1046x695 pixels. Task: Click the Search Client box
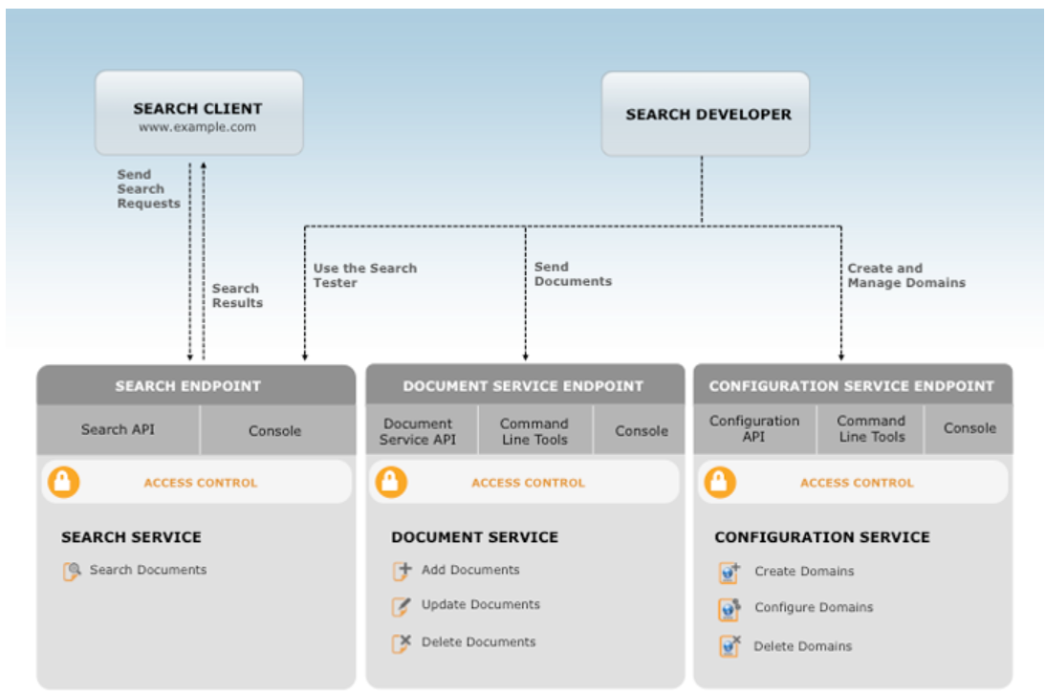click(x=198, y=112)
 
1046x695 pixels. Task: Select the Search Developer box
click(x=705, y=114)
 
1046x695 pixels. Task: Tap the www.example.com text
click(x=197, y=127)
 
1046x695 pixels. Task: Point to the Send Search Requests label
click(x=148, y=189)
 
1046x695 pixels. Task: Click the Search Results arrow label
click(x=237, y=295)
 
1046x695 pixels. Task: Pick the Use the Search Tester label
click(x=364, y=275)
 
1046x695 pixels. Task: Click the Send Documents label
click(x=572, y=274)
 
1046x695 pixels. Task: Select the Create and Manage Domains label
click(x=905, y=275)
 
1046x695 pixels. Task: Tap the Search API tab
click(x=118, y=429)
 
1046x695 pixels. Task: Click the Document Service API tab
click(x=418, y=431)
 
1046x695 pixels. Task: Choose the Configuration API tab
click(x=754, y=428)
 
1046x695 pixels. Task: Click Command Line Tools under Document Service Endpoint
click(x=534, y=431)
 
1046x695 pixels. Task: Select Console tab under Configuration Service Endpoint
click(x=970, y=428)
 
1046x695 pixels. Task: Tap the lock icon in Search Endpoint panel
click(x=64, y=482)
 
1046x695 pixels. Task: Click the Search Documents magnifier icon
click(x=72, y=572)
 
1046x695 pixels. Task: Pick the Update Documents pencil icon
click(x=402, y=606)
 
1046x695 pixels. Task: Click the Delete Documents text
click(x=478, y=642)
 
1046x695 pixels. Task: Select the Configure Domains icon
click(x=730, y=609)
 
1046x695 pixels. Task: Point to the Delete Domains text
click(x=802, y=647)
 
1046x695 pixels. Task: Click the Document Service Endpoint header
click(x=523, y=386)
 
